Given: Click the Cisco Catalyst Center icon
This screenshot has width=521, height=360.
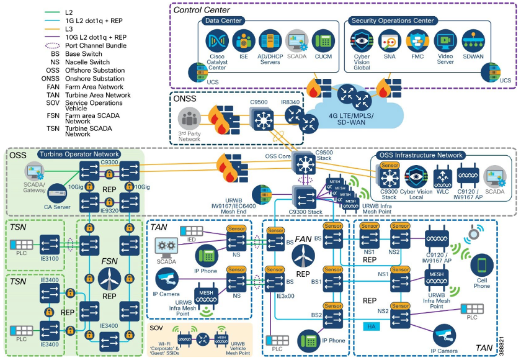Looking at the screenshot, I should (217, 41).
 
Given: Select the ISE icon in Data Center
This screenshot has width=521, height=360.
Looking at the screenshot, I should (244, 41).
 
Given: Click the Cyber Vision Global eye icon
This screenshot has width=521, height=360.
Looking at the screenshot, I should (362, 41).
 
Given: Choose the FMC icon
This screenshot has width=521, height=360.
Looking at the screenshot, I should (417, 41).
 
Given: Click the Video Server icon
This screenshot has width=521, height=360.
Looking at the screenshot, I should (445, 41).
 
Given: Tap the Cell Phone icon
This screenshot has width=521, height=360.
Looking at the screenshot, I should (481, 266).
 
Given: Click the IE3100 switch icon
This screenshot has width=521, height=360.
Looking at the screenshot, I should (50, 243).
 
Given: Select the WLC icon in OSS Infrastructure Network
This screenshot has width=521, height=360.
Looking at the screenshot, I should (442, 176).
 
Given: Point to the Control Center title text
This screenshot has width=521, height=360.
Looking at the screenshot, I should (202, 9).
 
